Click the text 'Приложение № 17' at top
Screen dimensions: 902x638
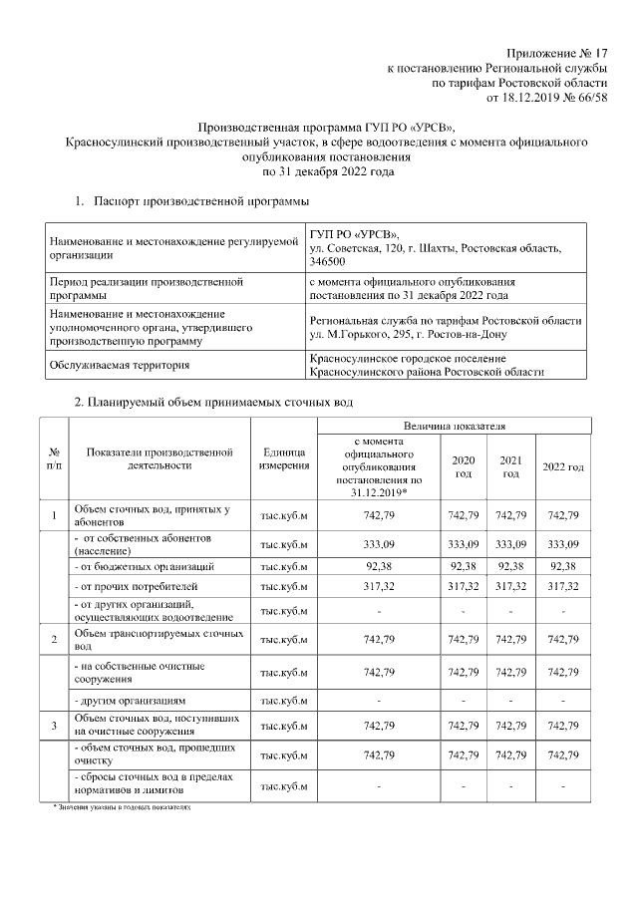click(557, 52)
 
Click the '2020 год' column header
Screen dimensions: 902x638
click(464, 466)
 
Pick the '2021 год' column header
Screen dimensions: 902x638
click(510, 466)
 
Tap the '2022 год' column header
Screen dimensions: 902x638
click(563, 466)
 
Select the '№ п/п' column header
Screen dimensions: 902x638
click(54, 459)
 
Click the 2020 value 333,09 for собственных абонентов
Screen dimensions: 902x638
click(464, 544)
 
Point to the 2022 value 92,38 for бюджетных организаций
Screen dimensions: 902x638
click(563, 566)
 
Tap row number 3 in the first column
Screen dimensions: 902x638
click(54, 725)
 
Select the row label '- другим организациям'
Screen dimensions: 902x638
click(132, 701)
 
